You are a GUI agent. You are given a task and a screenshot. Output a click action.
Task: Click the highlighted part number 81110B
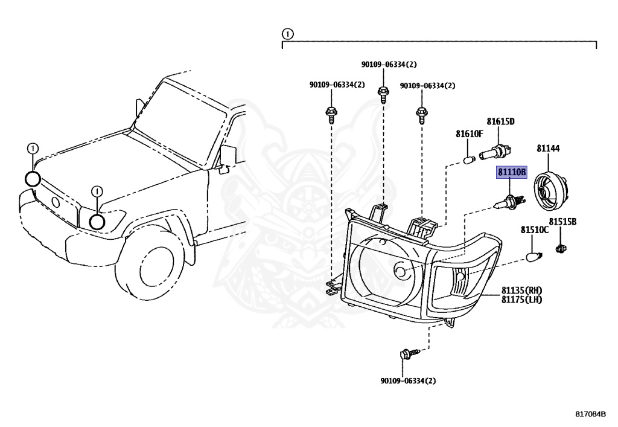(512, 172)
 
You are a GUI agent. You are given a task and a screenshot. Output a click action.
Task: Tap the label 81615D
(500, 121)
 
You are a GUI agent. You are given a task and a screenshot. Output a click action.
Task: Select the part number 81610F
(470, 133)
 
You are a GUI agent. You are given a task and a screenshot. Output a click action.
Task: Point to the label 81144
(548, 148)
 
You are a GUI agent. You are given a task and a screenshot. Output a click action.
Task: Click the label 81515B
(563, 222)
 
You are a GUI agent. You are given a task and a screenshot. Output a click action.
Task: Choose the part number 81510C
(535, 230)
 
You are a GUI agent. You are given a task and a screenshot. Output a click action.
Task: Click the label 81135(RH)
(521, 291)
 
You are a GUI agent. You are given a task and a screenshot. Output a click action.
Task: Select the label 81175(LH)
(521, 300)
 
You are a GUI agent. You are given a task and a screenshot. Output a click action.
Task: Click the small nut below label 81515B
(561, 249)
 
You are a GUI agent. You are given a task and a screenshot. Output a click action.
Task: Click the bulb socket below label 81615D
(495, 152)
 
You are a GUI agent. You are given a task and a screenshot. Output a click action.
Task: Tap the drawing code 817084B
(590, 414)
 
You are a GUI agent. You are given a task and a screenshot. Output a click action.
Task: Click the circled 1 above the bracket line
(288, 34)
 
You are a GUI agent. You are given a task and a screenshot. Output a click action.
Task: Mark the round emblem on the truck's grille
(56, 203)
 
